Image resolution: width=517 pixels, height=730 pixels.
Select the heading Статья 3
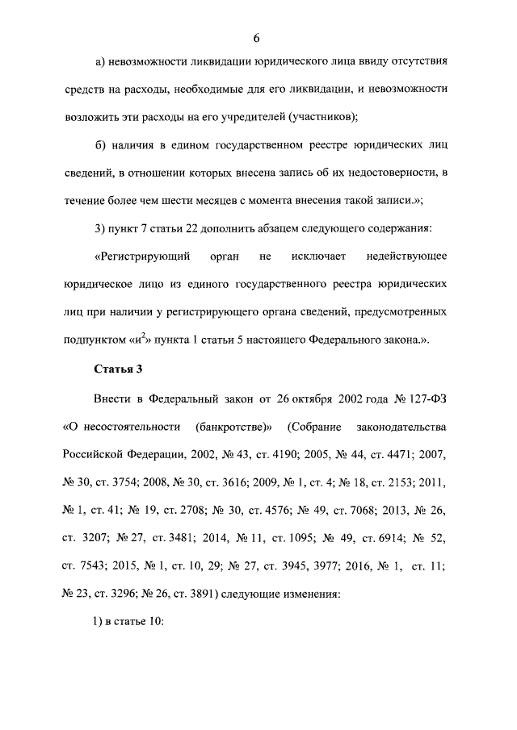tap(117, 369)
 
